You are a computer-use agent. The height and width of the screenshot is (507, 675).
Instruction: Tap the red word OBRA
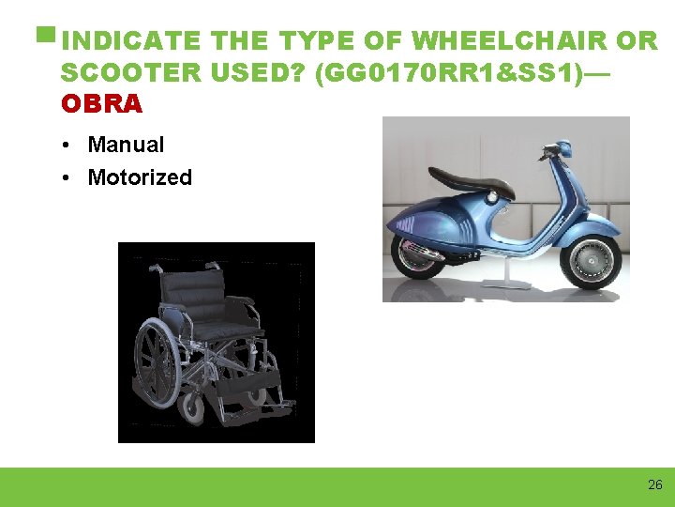(101, 104)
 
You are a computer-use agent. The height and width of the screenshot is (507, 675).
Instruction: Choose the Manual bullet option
(126, 145)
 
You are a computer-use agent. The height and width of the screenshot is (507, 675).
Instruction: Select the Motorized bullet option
(140, 177)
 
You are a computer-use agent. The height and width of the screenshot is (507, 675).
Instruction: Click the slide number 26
(654, 485)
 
